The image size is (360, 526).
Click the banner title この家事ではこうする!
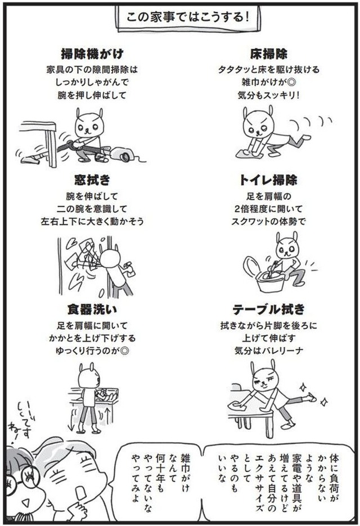click(x=187, y=17)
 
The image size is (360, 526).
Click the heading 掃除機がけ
click(x=92, y=53)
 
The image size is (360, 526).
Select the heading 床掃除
click(x=269, y=53)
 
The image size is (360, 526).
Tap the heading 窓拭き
click(x=92, y=180)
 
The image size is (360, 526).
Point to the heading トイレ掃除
click(x=268, y=180)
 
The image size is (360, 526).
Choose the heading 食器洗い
click(x=92, y=309)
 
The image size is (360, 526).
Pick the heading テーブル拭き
click(x=269, y=309)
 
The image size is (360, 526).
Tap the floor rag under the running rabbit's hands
click(x=249, y=154)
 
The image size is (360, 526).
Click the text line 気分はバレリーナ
click(x=269, y=351)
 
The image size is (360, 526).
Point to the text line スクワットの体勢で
click(x=269, y=222)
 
